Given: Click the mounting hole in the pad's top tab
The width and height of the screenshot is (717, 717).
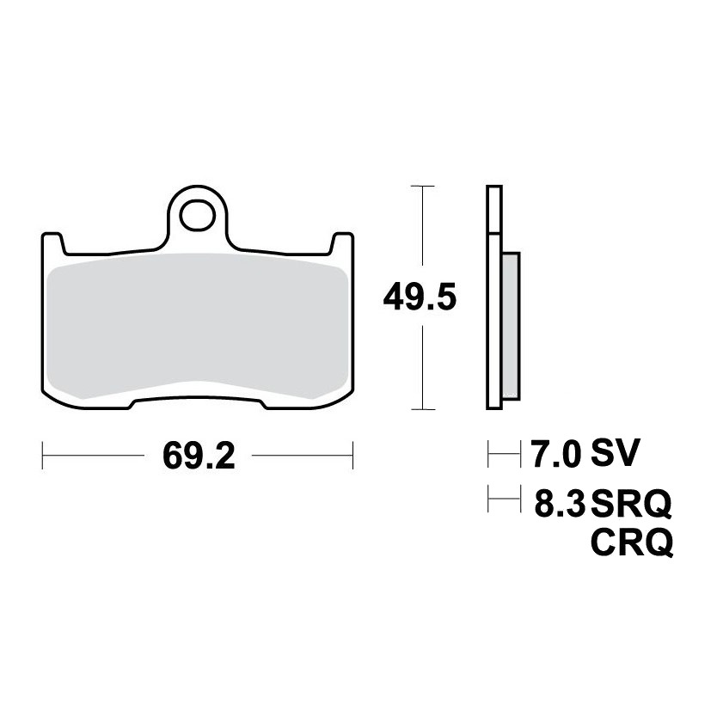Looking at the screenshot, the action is coord(198,216).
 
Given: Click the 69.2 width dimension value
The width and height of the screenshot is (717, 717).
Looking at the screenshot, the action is coord(199,456).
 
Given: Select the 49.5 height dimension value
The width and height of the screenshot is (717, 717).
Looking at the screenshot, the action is coord(420,297).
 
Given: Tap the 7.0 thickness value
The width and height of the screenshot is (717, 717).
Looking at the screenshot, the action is coord(556,454).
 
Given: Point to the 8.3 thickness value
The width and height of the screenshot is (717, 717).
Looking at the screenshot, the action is coord(560,503).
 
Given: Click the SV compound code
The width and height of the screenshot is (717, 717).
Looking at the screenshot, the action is coord(614,454).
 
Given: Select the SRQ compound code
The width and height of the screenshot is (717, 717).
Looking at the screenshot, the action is coord(631,505).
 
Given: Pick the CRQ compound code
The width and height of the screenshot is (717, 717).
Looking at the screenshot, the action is coord(632,543).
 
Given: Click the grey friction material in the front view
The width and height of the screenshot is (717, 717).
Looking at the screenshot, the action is coord(198,326).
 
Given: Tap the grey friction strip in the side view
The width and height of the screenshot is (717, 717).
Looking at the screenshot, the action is coord(511,326).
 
